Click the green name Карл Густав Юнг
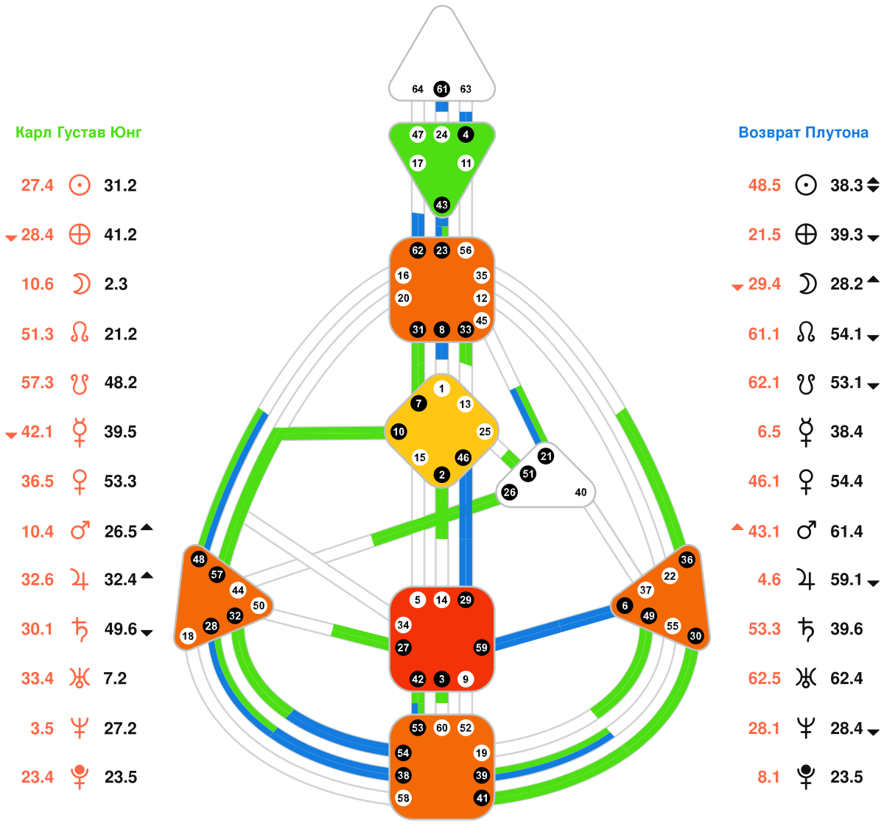[x=79, y=133]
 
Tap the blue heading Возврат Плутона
[x=803, y=133]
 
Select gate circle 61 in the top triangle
[x=441, y=89]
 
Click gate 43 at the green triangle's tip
[x=441, y=205]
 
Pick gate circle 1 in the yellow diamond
[x=441, y=389]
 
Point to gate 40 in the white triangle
[x=580, y=492]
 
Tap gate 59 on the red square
[x=481, y=648]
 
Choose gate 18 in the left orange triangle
[x=188, y=636]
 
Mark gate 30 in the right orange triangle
[x=695, y=636]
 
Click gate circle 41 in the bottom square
[x=481, y=798]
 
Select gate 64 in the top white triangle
[x=418, y=89]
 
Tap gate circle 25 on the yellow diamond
[x=484, y=431]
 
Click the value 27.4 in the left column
[x=38, y=186]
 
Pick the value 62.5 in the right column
[x=764, y=678]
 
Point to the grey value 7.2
[x=116, y=678]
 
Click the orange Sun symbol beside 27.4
[x=80, y=186]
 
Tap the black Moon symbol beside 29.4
[x=807, y=284]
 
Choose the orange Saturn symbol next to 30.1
[x=79, y=629]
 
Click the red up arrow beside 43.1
[x=737, y=527]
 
